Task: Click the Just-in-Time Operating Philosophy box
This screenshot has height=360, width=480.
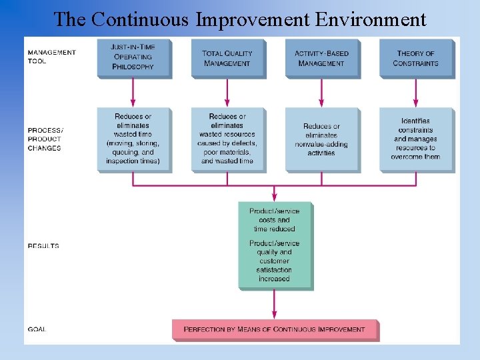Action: [x=133, y=57]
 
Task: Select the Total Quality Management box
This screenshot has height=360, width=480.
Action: [x=227, y=58]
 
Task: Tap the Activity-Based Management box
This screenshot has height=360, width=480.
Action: [x=321, y=58]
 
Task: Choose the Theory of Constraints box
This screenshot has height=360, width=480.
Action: [x=415, y=58]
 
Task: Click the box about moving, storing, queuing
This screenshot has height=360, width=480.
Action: [x=133, y=139]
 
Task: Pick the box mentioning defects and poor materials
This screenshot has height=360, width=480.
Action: [x=227, y=139]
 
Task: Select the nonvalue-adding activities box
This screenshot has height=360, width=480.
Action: [x=321, y=139]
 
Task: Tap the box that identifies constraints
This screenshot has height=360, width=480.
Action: [x=415, y=139]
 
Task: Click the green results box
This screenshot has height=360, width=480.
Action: [x=274, y=245]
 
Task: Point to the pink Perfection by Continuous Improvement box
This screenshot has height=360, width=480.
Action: [x=274, y=329]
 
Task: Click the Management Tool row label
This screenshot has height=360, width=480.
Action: [x=51, y=57]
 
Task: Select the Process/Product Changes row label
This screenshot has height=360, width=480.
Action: [x=45, y=139]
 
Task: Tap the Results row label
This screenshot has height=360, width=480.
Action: [x=43, y=246]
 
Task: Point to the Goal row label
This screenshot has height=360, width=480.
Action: [x=37, y=329]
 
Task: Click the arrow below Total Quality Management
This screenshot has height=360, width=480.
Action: [x=227, y=93]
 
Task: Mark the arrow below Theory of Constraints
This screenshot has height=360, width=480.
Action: [x=415, y=93]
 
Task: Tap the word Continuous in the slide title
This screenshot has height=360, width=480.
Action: [x=140, y=19]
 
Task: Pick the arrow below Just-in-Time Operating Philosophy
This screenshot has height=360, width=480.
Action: [x=133, y=93]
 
